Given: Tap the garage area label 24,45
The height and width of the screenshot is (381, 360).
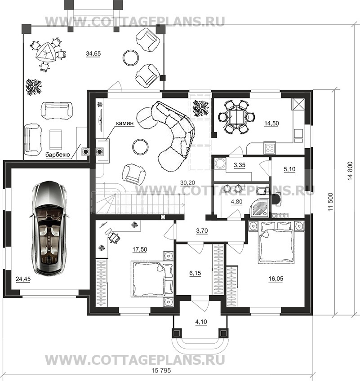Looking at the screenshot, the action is pos(23,279).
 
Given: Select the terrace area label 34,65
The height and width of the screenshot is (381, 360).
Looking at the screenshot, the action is pos(93,53).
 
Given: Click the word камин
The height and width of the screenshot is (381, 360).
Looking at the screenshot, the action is pos(124,123).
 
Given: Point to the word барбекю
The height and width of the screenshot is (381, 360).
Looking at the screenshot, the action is pos(58,155).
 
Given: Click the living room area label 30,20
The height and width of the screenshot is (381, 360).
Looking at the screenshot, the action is pos(188,182).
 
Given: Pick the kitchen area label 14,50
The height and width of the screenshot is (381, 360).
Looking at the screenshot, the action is pos(271,123).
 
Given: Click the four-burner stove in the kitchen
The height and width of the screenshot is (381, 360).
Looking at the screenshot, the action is pos(270,148).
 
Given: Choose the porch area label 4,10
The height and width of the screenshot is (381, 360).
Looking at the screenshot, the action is pos(201,322).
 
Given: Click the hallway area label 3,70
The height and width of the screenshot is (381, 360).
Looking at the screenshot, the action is pos(202,230).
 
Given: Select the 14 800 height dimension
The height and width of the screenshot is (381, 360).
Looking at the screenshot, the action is pos(350,171).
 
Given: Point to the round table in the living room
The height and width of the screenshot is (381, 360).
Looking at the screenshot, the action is pos(141,146).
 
